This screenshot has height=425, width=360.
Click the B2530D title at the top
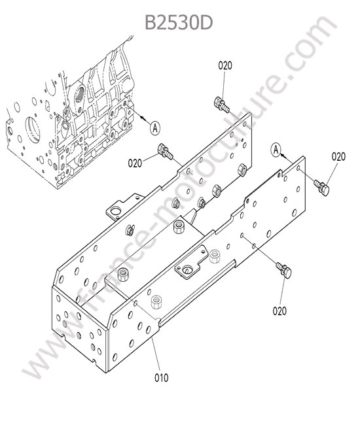[x=179, y=22]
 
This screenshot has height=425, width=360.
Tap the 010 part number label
[x=162, y=377]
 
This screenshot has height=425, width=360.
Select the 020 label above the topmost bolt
[x=225, y=65]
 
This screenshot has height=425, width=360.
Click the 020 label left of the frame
[x=135, y=163]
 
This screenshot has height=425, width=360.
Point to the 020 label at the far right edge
[x=338, y=156]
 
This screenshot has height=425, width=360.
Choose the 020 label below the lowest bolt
[x=279, y=311]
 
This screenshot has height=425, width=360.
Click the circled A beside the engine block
[x=155, y=127]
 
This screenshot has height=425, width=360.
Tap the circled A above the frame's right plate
[x=276, y=149]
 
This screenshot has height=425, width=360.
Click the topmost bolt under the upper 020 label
[x=222, y=105]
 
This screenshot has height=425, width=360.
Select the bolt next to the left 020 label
[x=165, y=152]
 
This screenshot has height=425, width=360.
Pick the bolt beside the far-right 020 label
[x=322, y=187]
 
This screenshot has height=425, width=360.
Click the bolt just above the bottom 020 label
[x=284, y=270]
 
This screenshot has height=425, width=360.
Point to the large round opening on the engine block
[x=33, y=129]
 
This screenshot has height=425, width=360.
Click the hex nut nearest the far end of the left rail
[x=242, y=170]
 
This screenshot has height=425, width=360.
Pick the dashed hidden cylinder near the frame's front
[x=156, y=302]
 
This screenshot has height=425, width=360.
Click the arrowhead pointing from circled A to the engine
[x=143, y=118]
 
